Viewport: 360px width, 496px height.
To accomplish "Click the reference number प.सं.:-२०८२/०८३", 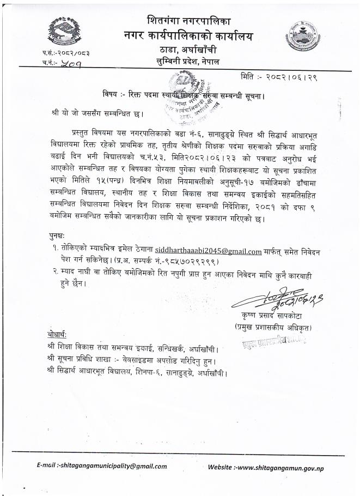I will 66,53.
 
